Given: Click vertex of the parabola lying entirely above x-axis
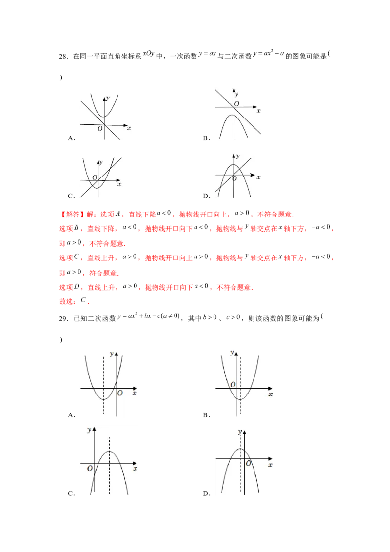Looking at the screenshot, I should (x=104, y=116).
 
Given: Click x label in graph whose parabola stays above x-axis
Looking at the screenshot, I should (x=129, y=128).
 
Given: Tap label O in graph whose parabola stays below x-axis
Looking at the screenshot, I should (x=237, y=104).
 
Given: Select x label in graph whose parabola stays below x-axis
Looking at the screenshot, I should (x=258, y=111).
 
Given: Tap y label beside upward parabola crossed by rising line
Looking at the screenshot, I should (x=101, y=161).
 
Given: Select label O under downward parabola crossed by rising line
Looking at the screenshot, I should (x=234, y=179).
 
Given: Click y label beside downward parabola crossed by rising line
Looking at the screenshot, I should (x=237, y=157).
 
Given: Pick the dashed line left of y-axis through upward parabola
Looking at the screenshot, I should (x=104, y=385).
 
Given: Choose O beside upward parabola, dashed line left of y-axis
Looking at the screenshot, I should (x=119, y=393).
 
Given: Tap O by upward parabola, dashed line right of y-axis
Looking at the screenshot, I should (x=233, y=385).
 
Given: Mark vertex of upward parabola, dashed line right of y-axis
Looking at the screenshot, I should (x=239, y=399).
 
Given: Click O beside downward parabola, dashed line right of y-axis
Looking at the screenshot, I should (x=90, y=469).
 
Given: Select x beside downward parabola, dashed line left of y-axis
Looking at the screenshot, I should (x=270, y=465).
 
